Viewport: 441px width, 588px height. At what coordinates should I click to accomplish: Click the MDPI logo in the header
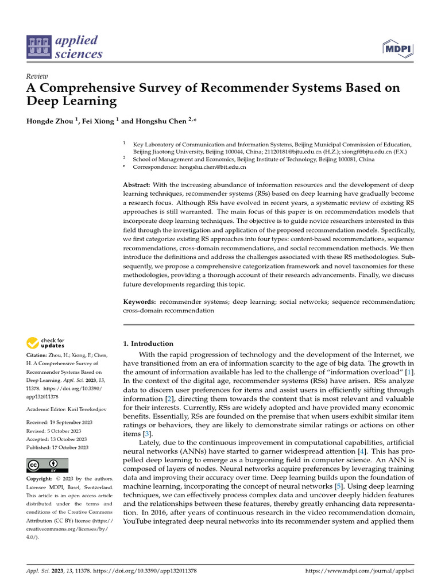click(398, 48)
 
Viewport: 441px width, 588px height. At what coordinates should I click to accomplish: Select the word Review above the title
click(37, 76)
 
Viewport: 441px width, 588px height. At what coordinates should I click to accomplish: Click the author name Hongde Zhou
click(50, 122)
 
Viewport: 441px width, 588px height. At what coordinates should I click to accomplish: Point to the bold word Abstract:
click(137, 185)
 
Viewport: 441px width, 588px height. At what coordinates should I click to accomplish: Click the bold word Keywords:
click(140, 301)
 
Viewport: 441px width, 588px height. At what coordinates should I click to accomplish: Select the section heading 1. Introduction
click(149, 343)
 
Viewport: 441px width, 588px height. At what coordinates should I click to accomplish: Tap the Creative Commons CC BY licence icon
click(48, 465)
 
